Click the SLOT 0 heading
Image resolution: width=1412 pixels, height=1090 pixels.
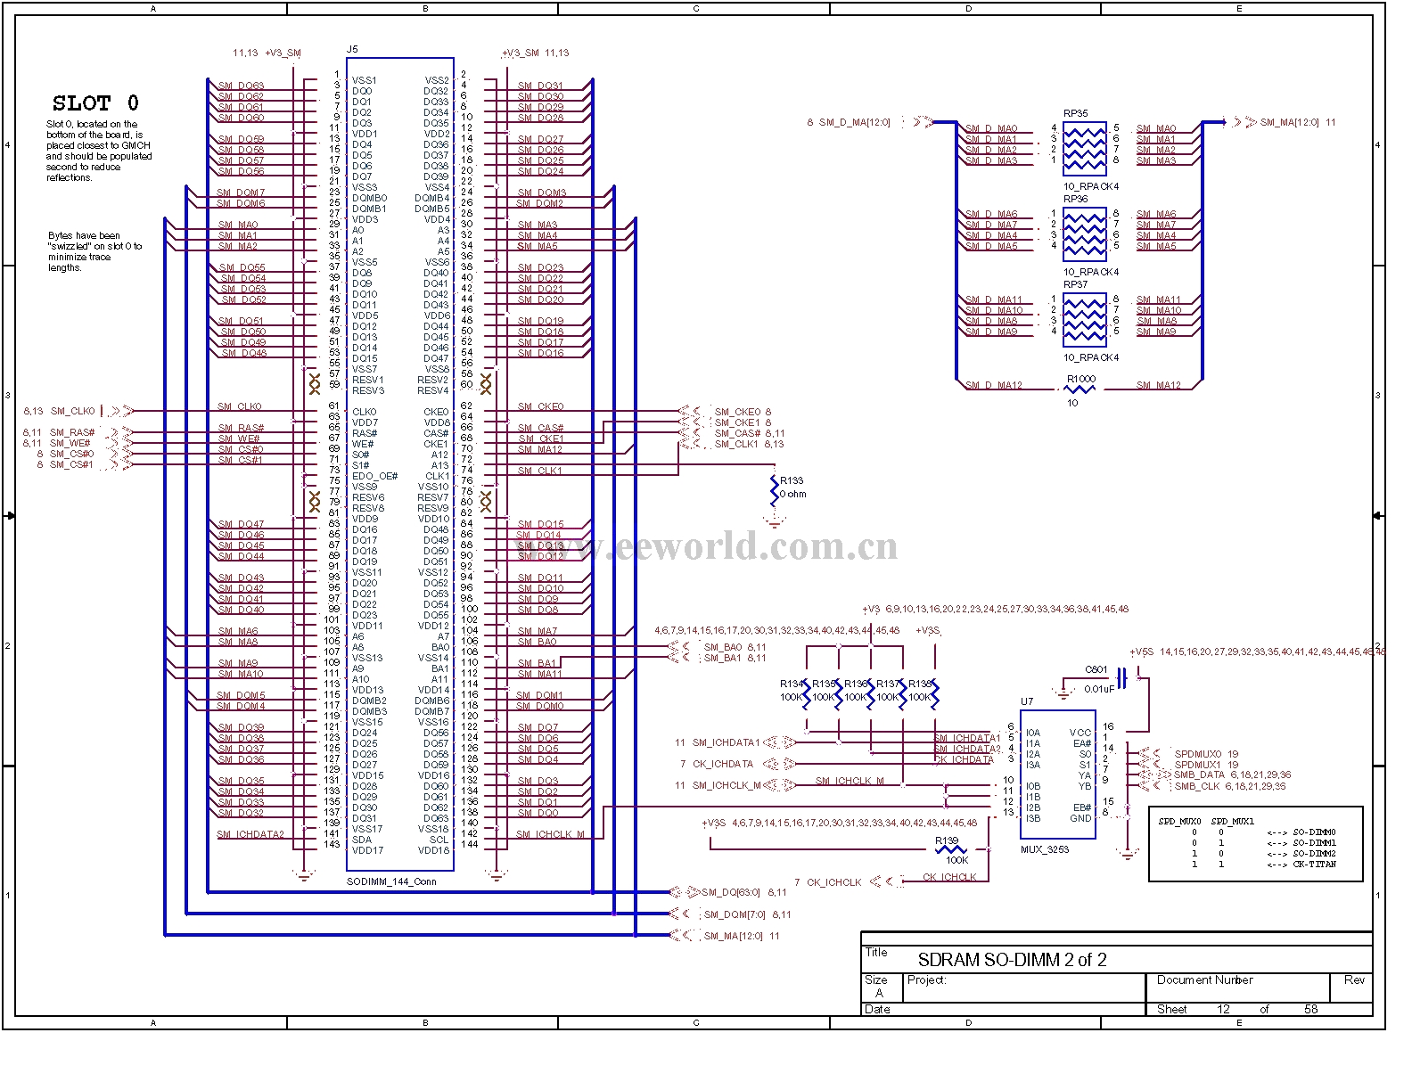coord(95,103)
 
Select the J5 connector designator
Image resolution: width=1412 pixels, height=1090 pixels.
coord(352,50)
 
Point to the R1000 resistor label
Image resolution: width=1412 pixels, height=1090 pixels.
coord(1080,379)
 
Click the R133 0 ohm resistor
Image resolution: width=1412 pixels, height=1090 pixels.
coord(774,488)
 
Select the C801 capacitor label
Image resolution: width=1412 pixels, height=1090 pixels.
coord(1096,669)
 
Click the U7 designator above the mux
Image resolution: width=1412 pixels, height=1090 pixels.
coord(1027,701)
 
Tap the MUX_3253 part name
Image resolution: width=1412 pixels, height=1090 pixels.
coord(1045,849)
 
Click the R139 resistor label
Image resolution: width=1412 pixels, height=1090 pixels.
coord(946,840)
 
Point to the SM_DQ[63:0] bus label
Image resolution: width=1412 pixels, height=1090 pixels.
coord(731,892)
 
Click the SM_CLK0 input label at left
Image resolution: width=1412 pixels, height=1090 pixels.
coord(72,412)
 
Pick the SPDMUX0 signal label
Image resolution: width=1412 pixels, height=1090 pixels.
coord(1197,754)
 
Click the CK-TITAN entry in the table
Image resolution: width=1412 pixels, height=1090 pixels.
coord(1314,864)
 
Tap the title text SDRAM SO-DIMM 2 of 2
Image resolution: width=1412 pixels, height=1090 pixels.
coord(1012,960)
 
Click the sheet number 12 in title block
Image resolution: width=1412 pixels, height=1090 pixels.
coord(1223,1009)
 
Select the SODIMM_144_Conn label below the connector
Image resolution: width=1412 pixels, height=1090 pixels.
coord(391,881)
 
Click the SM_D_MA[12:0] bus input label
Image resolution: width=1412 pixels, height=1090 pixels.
coord(854,122)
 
